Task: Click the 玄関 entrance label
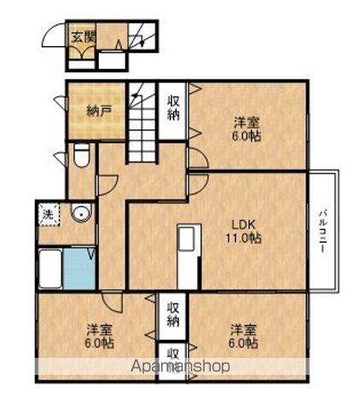pyautogui.click(x=83, y=37)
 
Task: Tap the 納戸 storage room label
pyautogui.click(x=100, y=110)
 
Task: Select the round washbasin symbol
pyautogui.click(x=81, y=213)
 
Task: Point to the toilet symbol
pyautogui.click(x=81, y=157)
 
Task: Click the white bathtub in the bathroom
pyautogui.click(x=49, y=270)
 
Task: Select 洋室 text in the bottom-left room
pyautogui.click(x=99, y=330)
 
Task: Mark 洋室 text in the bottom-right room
pyautogui.click(x=243, y=329)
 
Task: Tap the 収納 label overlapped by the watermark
pyautogui.click(x=173, y=358)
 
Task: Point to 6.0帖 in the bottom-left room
pyautogui.click(x=99, y=343)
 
